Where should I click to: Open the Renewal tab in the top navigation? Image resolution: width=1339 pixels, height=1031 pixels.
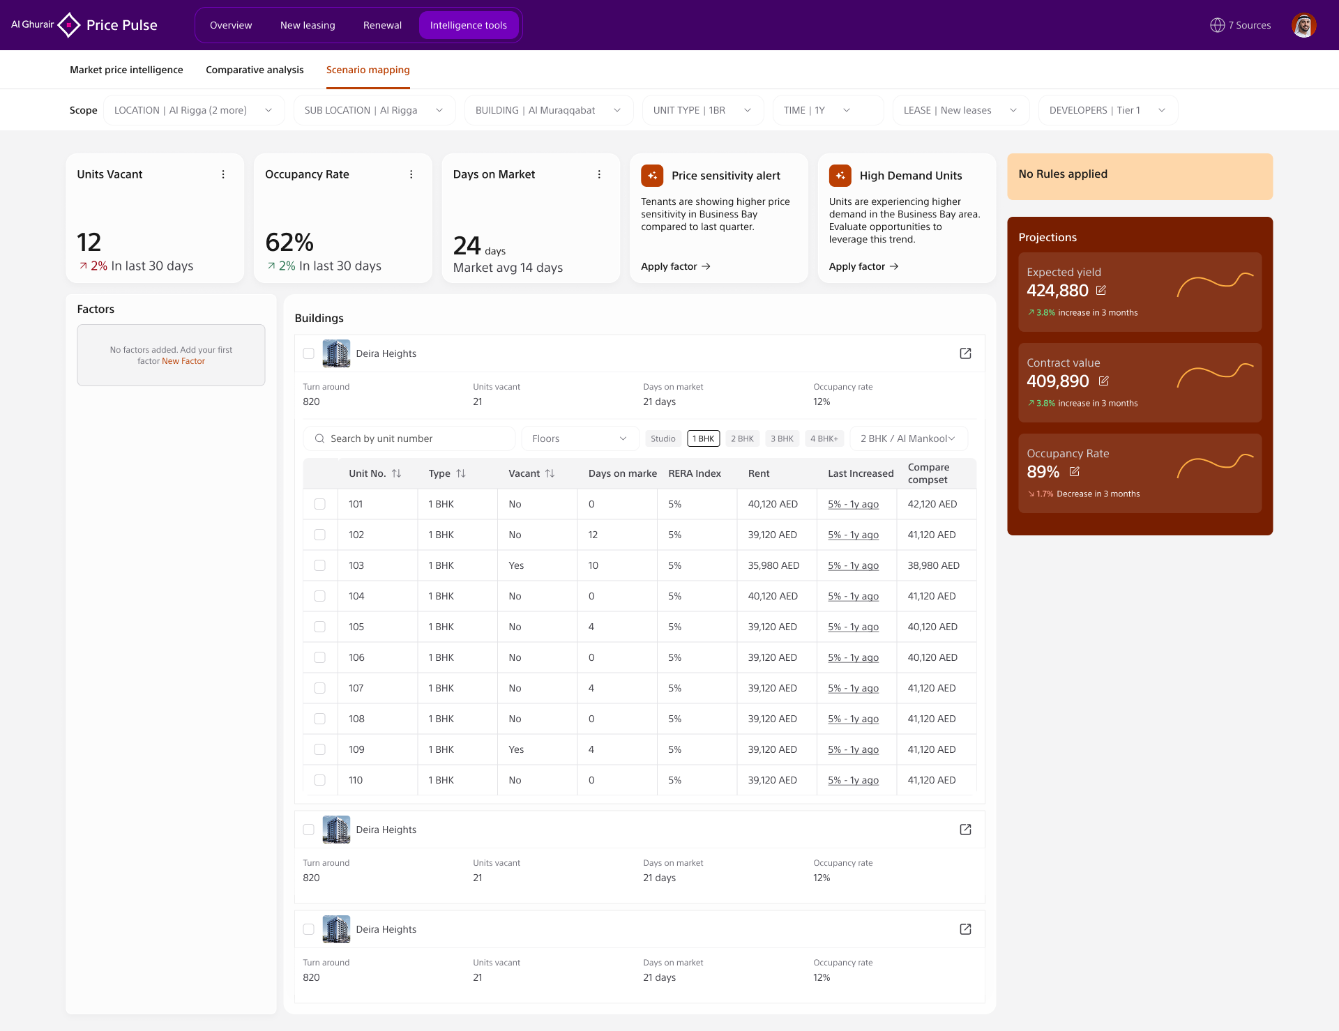[382, 25]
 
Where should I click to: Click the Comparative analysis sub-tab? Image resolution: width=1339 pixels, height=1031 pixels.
[255, 70]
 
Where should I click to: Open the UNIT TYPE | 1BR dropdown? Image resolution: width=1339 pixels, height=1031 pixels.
[702, 110]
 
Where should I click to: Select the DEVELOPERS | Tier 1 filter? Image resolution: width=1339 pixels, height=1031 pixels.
[1107, 110]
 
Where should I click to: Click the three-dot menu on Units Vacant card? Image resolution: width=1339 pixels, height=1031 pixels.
[223, 174]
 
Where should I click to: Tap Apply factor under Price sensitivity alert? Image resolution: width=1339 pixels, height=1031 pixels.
[676, 266]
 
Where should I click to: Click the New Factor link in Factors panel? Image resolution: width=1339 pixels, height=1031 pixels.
[183, 361]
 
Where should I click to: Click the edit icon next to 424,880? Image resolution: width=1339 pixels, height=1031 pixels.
[1101, 290]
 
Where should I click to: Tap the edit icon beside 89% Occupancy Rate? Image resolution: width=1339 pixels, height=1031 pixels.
[1075, 471]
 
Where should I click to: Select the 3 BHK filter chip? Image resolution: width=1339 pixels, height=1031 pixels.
[782, 438]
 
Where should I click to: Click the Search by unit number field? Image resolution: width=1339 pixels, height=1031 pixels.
[409, 438]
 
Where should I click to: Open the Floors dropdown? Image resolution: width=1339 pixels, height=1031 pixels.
[580, 438]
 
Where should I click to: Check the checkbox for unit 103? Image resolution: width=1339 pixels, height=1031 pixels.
[319, 565]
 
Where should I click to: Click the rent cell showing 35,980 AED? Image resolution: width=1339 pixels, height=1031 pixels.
[773, 565]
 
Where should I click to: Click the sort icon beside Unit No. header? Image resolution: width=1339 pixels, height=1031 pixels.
[396, 473]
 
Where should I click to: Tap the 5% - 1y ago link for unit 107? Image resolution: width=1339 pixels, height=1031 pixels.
[853, 688]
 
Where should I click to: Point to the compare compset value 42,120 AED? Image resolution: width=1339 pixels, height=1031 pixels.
[932, 504]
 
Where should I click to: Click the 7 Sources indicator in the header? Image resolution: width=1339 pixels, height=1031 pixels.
[1241, 25]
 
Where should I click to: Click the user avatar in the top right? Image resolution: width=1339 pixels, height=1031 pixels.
[1303, 25]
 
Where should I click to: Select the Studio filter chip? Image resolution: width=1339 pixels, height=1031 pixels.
[663, 438]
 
